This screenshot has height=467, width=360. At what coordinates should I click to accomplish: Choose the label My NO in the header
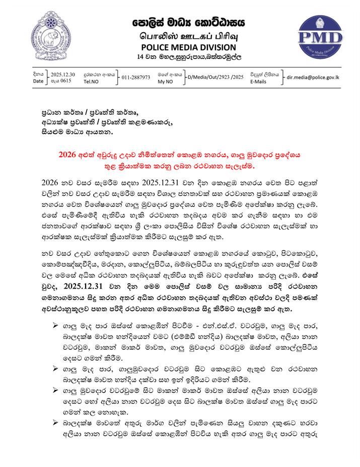pos(167,81)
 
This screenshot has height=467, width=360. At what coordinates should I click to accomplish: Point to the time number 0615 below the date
pos(67,81)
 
